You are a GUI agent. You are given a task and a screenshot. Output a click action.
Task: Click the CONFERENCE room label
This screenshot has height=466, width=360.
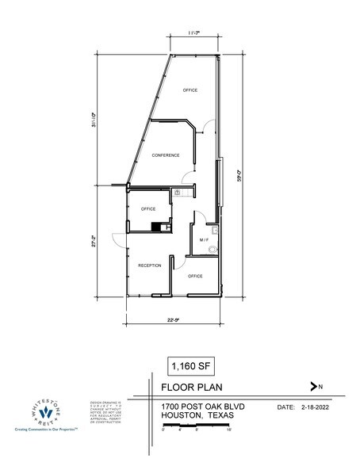point(166,155)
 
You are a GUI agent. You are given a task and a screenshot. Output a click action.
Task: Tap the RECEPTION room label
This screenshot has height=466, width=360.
point(150,265)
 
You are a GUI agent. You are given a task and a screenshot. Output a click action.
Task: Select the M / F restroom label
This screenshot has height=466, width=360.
point(204,239)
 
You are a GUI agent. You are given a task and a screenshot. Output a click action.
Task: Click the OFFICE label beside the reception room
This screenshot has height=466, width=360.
point(195,277)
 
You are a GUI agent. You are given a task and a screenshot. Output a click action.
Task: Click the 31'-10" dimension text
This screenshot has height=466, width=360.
point(94,118)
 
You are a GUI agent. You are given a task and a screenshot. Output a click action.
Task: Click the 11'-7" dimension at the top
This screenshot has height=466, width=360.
point(193,32)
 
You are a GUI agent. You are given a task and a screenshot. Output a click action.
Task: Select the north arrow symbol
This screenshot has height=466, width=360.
point(316,387)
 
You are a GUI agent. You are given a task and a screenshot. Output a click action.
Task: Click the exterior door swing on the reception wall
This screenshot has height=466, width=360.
point(117,238)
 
